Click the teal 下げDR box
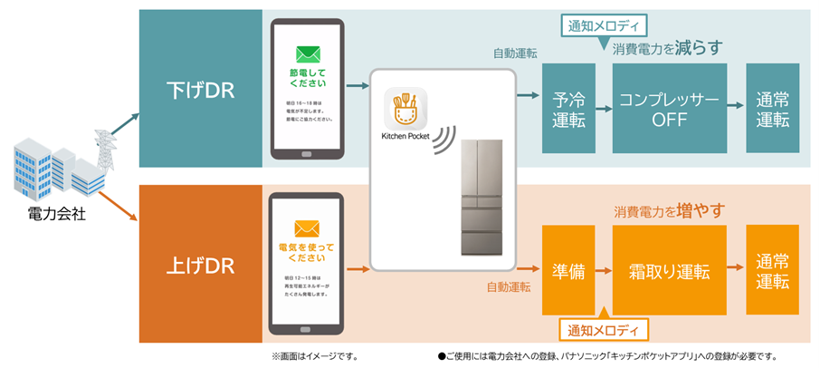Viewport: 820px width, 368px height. [200, 89]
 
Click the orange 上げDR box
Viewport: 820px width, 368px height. [200, 266]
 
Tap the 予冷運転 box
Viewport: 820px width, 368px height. [567, 108]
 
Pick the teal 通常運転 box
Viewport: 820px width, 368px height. [772, 108]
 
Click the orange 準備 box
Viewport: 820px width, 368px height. [567, 270]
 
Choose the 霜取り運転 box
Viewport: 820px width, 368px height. [669, 270]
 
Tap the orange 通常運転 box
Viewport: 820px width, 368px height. [772, 269]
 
